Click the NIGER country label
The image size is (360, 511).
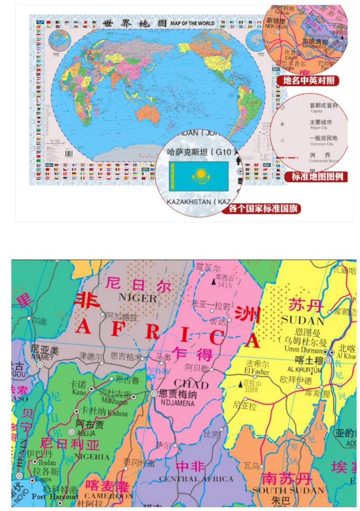pos(137,298)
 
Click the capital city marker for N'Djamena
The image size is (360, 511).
pos(154,394)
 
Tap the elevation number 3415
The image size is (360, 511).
pos(224,285)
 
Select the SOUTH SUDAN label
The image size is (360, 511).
pos(288,490)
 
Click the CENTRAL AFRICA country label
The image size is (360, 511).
pos(196,479)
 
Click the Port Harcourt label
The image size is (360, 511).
pos(55,497)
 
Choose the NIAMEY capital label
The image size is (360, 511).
pos(43,357)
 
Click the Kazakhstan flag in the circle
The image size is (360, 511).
pos(198,176)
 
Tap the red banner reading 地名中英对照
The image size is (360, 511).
pos(308,81)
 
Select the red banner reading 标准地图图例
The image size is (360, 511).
pos(317,176)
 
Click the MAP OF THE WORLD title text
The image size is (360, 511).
pos(193,23)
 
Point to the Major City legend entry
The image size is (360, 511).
pos(321,125)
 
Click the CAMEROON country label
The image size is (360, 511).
pos(109,496)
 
